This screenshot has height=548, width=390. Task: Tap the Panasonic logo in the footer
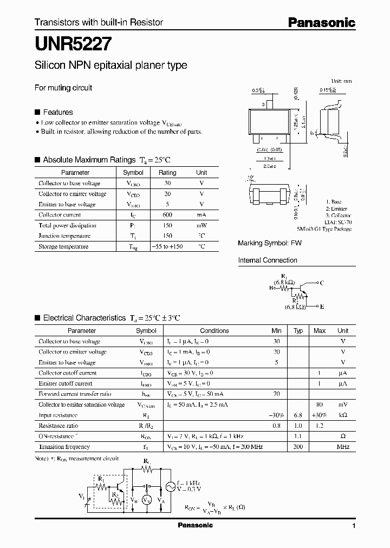(x=196, y=525)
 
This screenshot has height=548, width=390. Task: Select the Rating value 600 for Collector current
(x=167, y=215)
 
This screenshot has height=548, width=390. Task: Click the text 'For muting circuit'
(x=63, y=88)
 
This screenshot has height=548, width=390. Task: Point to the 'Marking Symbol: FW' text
(x=270, y=244)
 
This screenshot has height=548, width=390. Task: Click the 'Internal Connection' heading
(x=268, y=260)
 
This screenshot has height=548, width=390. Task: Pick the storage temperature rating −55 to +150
(x=167, y=246)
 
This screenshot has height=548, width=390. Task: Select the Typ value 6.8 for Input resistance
(x=298, y=415)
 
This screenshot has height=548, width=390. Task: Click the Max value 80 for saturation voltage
(x=320, y=405)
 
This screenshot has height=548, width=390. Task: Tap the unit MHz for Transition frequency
(x=342, y=447)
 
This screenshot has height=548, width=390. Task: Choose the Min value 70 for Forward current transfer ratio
(x=276, y=394)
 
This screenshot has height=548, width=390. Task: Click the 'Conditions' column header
(x=214, y=331)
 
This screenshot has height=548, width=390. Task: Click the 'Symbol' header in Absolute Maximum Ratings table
(x=133, y=173)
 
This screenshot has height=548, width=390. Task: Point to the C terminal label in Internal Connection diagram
(x=322, y=283)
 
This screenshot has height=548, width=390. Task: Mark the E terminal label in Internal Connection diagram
(x=322, y=306)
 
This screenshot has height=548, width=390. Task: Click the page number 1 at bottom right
(x=354, y=526)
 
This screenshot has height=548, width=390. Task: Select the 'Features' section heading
(x=57, y=112)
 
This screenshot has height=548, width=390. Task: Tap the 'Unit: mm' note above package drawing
(x=341, y=81)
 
